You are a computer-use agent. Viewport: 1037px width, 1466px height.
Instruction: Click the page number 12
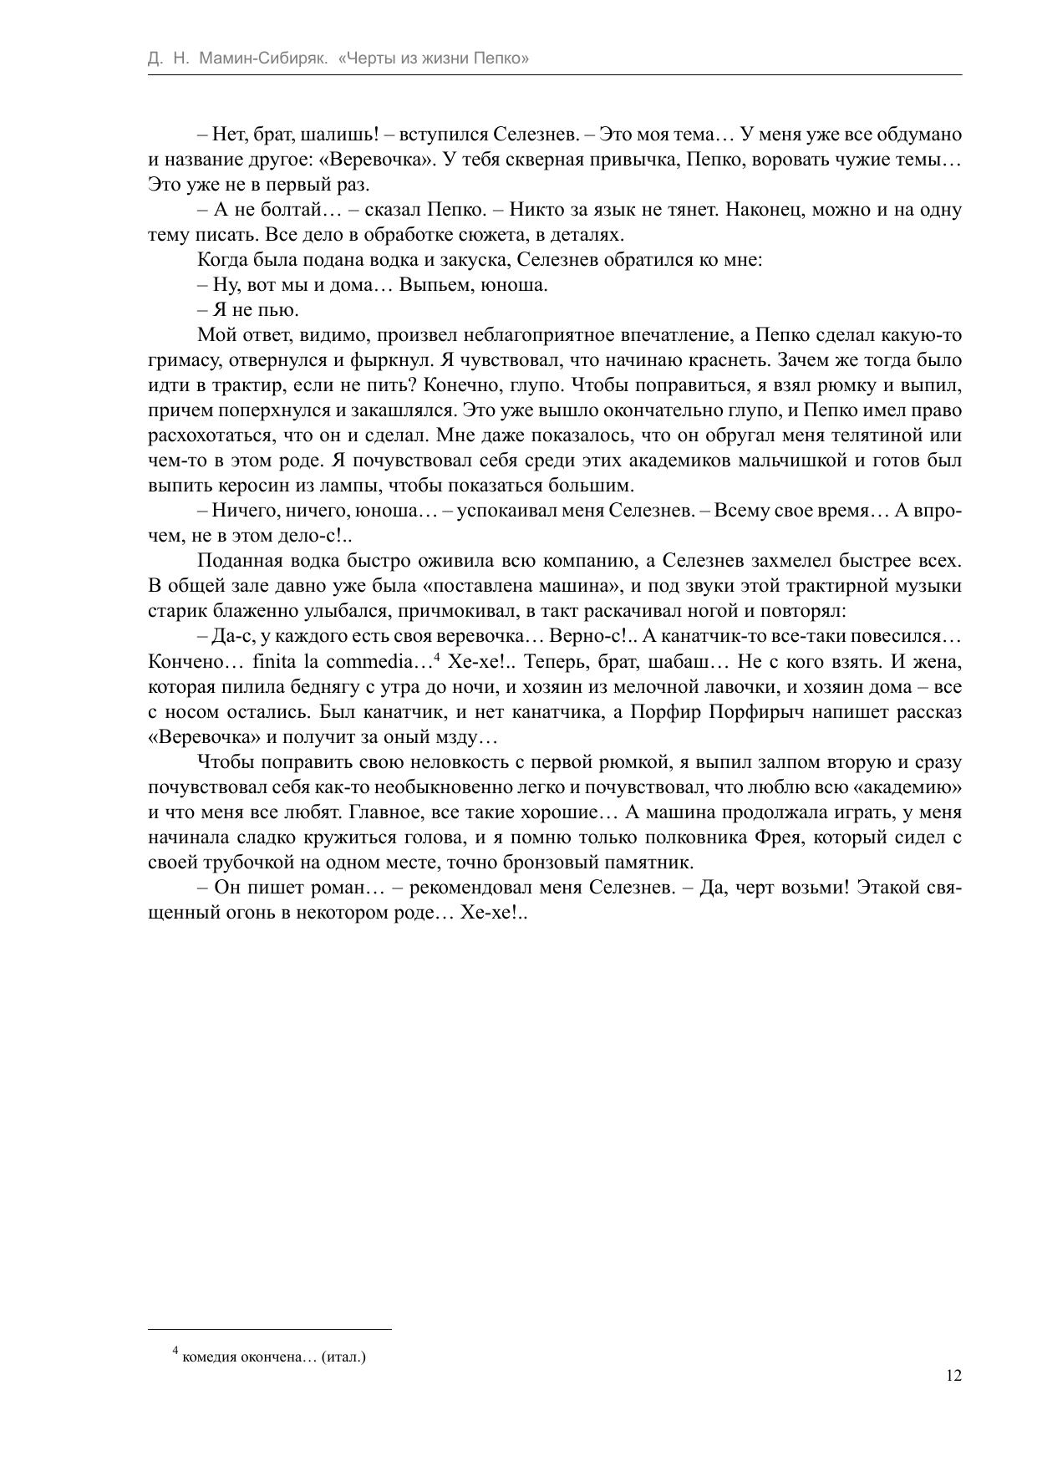click(953, 1376)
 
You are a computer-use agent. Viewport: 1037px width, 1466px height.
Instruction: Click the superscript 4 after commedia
click(438, 658)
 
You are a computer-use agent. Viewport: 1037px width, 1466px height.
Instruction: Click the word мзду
click(474, 737)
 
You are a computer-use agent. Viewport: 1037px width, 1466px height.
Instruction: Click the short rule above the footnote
click(269, 1329)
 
